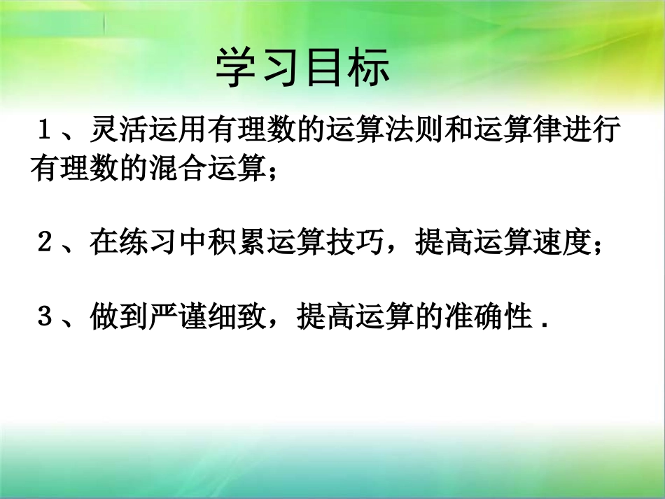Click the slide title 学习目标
coord(302,68)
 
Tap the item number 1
coord(48,131)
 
